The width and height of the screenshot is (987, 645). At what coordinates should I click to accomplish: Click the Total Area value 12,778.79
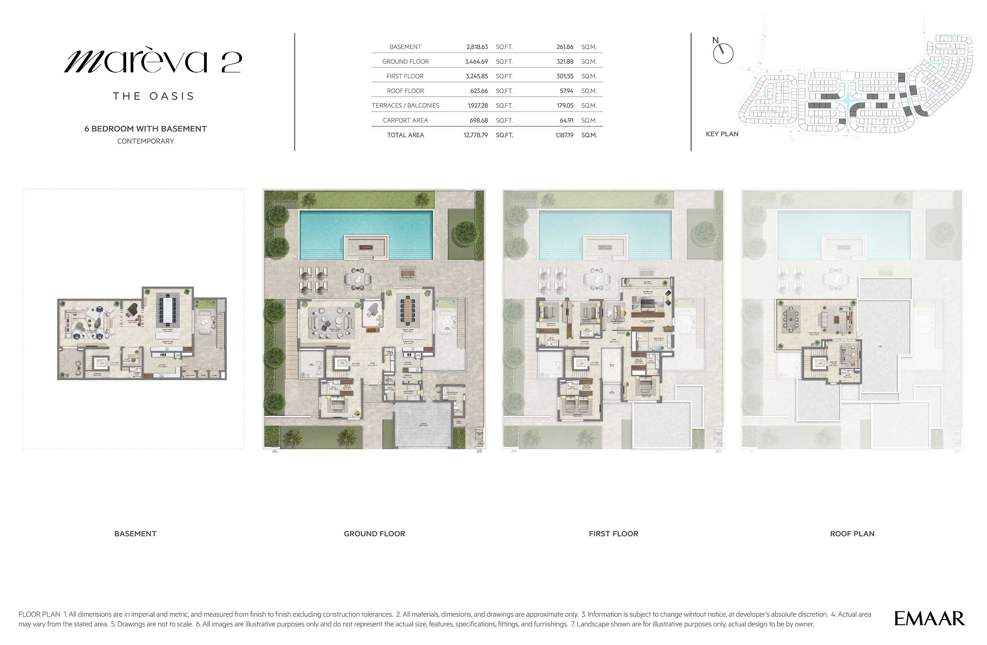[x=475, y=135]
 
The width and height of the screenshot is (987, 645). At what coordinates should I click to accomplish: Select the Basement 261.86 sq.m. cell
[x=565, y=47]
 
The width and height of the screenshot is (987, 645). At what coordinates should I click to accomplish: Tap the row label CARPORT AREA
[x=405, y=121]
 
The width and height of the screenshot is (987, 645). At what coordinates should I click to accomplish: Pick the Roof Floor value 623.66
[x=479, y=91]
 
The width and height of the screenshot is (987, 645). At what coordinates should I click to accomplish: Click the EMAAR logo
[x=929, y=619]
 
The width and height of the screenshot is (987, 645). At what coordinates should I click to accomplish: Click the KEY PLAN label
[x=722, y=134]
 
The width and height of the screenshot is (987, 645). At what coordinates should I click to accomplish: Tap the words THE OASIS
[x=154, y=96]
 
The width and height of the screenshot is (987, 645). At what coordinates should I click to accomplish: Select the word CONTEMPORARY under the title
[x=146, y=141]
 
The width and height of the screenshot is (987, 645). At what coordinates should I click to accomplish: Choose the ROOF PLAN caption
[x=852, y=534]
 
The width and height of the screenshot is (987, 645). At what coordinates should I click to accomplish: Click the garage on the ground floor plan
[x=422, y=424]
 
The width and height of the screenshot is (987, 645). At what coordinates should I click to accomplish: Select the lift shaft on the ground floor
[x=343, y=364]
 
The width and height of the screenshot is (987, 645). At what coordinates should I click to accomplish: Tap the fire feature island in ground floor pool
[x=366, y=247]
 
